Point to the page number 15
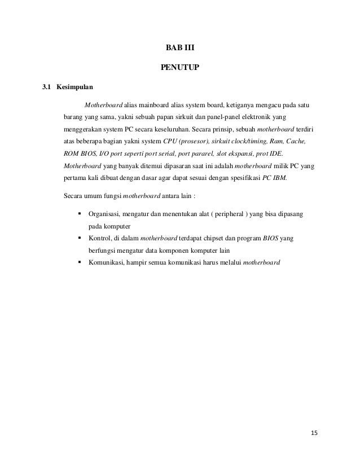tap(314, 433)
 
